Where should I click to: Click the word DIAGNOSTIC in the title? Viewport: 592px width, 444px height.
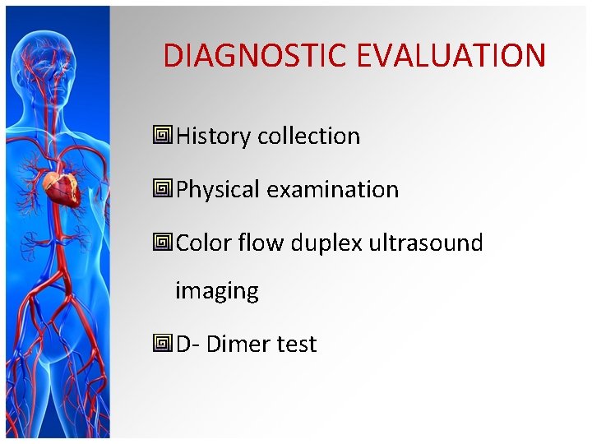point(256,56)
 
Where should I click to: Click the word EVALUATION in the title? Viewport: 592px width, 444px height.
point(451,56)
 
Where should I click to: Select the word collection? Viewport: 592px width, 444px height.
point(308,136)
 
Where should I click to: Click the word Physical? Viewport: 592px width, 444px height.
point(218,190)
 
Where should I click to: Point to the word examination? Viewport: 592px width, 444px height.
point(332,190)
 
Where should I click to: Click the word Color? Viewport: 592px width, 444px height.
point(203,243)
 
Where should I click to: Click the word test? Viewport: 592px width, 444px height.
point(297,345)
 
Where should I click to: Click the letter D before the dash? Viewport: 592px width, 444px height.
point(184,345)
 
